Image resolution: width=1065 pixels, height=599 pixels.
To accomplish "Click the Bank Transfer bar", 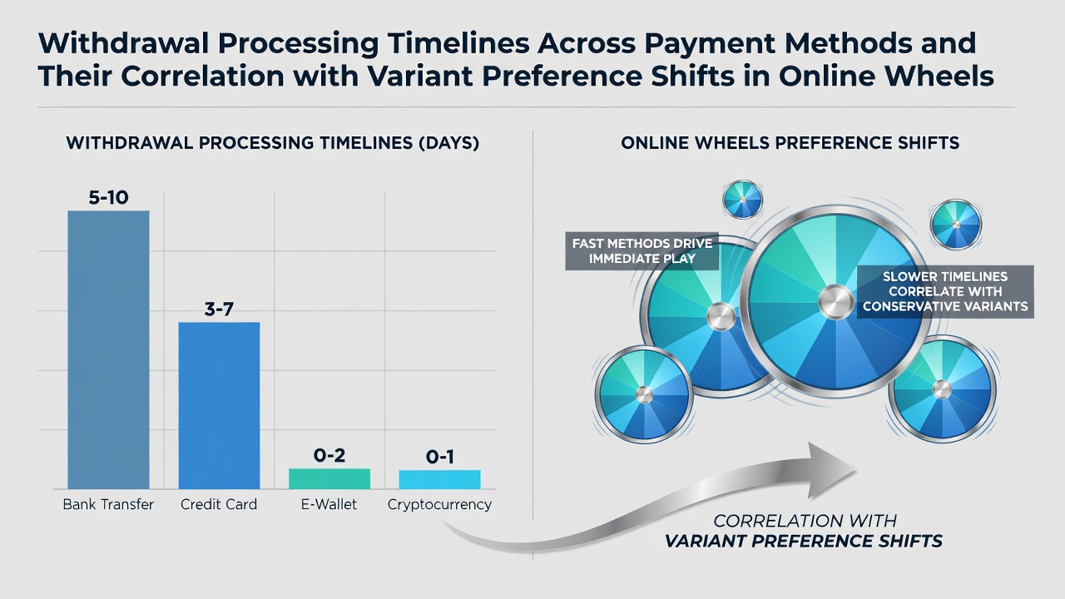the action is [108, 350].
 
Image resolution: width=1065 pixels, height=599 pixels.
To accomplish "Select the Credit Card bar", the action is [219, 405].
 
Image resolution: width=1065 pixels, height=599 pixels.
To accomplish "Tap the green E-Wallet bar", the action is [329, 478].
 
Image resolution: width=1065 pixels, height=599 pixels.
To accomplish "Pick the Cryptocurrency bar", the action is [440, 480].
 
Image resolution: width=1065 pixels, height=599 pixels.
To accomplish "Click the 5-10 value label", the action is [108, 197].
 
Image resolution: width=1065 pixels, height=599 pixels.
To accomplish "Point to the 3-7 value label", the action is [219, 309].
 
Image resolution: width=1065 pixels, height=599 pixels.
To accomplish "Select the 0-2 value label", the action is [329, 455].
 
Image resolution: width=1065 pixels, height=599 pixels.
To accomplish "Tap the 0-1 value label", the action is [440, 457].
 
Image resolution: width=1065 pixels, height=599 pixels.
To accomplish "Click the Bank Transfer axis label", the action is [108, 504].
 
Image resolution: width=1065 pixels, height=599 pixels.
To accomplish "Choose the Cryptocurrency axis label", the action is [440, 505].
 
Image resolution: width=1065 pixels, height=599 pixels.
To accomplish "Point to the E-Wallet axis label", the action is [329, 504].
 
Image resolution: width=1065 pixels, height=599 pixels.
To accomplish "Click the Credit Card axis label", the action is [219, 504].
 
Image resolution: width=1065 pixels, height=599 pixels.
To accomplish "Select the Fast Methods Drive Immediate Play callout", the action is [641, 251].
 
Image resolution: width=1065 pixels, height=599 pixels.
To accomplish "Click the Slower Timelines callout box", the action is [945, 291].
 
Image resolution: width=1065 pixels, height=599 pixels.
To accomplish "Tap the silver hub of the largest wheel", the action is [836, 302].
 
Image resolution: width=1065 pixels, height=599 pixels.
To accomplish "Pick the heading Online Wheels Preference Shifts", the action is [790, 143].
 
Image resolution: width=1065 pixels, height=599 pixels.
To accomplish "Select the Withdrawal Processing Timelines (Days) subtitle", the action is [272, 143].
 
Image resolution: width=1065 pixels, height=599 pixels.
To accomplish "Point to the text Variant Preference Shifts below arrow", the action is [804, 541].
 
